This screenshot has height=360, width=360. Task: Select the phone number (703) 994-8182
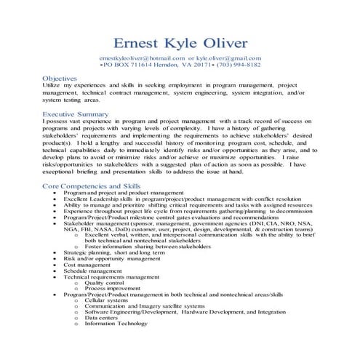pos(237,64)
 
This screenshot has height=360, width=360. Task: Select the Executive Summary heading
pos(76,114)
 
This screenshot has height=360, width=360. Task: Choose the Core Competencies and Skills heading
pos(90,186)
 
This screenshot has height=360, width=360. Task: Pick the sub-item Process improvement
pos(111,288)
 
